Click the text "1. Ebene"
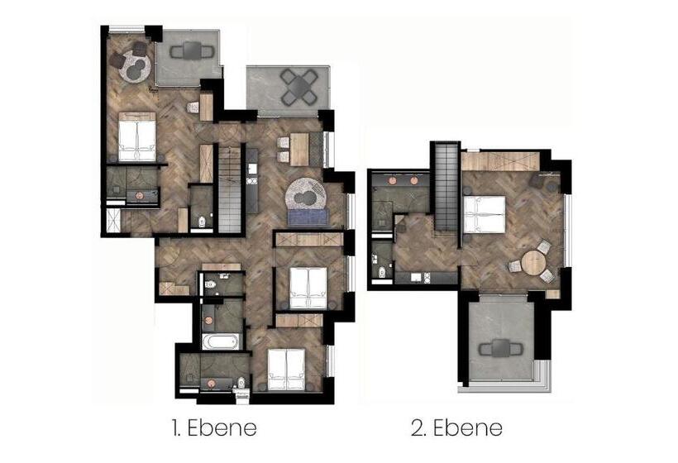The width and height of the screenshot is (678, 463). [214, 428]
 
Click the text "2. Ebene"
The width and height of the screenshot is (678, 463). [456, 428]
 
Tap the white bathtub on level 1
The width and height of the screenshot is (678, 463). [221, 341]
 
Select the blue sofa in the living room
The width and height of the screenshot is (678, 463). [308, 217]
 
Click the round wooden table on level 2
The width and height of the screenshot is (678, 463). [535, 262]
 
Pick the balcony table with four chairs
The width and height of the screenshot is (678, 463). [298, 87]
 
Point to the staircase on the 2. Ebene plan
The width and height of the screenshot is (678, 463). [446, 188]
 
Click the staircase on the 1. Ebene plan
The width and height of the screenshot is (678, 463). [230, 189]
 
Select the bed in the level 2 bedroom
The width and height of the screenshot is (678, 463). [485, 214]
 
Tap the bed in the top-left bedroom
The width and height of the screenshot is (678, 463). [136, 136]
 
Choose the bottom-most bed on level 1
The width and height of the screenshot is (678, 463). [286, 370]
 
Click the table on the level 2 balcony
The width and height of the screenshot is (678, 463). [501, 348]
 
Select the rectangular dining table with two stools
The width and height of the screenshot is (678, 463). [299, 149]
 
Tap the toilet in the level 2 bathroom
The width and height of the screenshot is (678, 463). [382, 272]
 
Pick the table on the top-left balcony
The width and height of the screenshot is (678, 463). [192, 51]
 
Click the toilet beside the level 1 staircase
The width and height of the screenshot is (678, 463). [202, 222]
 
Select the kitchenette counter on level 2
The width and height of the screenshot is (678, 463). [426, 278]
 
